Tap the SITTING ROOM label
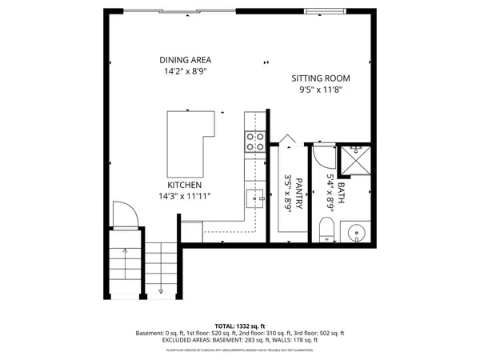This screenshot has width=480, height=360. (321, 78)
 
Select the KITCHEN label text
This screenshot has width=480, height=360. (183, 183)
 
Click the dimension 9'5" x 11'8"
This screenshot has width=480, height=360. (321, 90)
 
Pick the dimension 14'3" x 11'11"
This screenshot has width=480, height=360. (183, 195)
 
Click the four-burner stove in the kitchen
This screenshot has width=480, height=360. (255, 142)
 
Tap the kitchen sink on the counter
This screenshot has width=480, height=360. (254, 198)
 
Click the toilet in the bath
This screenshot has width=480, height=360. (324, 233)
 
